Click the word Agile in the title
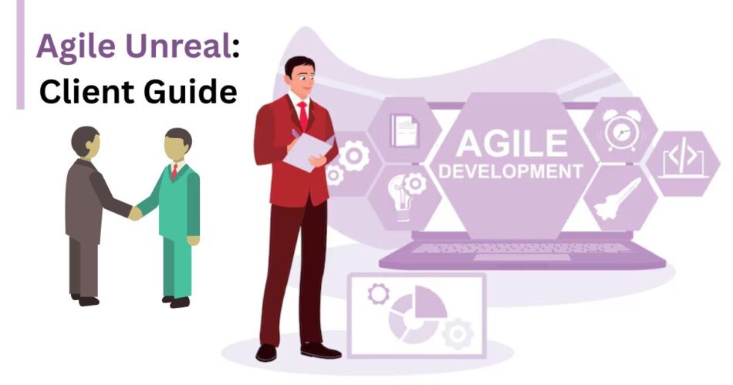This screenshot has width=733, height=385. tap(76, 47)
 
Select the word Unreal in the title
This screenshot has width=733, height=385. tap(177, 46)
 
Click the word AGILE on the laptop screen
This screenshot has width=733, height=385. tap(512, 143)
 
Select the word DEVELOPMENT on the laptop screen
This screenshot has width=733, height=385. tap(511, 171)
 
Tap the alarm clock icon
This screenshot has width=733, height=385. tap(621, 130)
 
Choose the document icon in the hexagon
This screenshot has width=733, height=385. tap(405, 130)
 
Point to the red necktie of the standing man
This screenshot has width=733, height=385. tap(303, 117)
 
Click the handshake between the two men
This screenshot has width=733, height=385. tap(135, 213)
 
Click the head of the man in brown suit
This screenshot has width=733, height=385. tap(86, 142)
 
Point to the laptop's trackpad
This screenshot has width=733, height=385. tap(522, 258)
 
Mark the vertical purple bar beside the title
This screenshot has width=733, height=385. tap(20, 55)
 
